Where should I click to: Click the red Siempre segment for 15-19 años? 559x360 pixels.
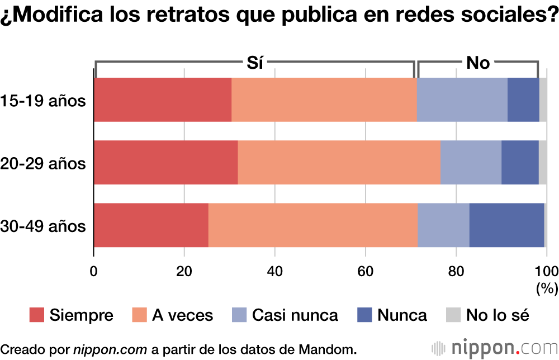point(162,100)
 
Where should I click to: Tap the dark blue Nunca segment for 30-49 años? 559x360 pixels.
point(506,225)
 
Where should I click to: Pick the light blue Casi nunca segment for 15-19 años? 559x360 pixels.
point(462,100)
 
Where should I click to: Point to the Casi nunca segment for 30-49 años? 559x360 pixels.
point(443,225)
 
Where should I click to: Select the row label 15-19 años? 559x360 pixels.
point(44,101)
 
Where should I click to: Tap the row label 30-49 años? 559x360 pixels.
point(44,226)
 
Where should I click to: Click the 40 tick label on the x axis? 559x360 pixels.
point(274,271)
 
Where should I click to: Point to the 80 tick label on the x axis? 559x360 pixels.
point(456,271)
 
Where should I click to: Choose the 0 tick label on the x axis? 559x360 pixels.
point(94,271)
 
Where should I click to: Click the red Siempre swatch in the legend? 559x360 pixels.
point(36,315)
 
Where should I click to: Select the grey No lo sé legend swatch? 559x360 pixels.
point(453,315)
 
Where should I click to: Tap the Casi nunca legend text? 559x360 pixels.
point(295,315)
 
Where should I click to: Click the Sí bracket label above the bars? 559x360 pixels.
point(255,63)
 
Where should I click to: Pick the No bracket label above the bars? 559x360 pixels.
point(478,63)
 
